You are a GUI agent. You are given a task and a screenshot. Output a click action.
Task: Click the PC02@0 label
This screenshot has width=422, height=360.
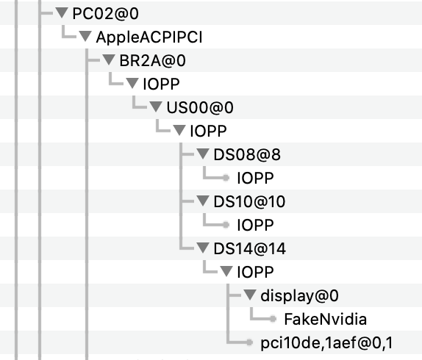click(106, 13)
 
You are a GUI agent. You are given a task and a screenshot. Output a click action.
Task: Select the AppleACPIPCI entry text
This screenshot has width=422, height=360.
click(149, 37)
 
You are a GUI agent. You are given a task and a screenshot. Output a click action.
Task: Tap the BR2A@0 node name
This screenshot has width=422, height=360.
click(152, 60)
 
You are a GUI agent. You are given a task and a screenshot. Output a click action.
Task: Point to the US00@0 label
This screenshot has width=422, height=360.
click(200, 107)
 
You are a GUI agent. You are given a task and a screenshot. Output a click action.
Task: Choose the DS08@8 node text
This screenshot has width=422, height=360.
click(247, 154)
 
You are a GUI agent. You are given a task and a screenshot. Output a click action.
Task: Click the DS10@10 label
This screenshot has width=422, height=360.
click(249, 201)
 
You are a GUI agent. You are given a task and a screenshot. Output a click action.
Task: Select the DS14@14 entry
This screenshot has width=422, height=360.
click(249, 248)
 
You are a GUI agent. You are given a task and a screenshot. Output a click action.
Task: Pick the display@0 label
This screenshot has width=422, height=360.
click(299, 296)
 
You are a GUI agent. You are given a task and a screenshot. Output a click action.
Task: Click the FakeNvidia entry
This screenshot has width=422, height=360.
click(326, 319)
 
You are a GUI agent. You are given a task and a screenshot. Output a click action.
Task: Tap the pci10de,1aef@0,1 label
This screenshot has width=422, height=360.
click(326, 343)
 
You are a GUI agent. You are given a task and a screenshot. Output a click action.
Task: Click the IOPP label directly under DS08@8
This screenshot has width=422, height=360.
click(255, 178)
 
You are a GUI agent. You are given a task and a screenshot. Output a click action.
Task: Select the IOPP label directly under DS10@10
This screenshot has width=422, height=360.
click(255, 225)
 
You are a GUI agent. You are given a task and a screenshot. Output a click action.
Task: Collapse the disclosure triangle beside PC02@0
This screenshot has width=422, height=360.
click(62, 12)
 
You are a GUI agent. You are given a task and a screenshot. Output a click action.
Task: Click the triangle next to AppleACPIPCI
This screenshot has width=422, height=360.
click(85, 36)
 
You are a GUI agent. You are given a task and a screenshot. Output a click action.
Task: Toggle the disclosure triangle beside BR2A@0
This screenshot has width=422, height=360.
click(109, 60)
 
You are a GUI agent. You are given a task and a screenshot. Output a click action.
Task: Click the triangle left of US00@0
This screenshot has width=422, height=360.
click(156, 107)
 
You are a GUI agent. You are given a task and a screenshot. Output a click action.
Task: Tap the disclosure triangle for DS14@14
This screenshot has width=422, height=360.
click(203, 248)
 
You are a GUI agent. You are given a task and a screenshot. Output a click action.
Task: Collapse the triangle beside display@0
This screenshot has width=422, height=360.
click(250, 295)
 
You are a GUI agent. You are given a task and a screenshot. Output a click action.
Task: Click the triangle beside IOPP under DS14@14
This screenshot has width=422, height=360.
click(226, 271)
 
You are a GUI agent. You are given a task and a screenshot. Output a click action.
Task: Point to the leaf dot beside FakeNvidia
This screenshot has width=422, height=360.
click(273, 319)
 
